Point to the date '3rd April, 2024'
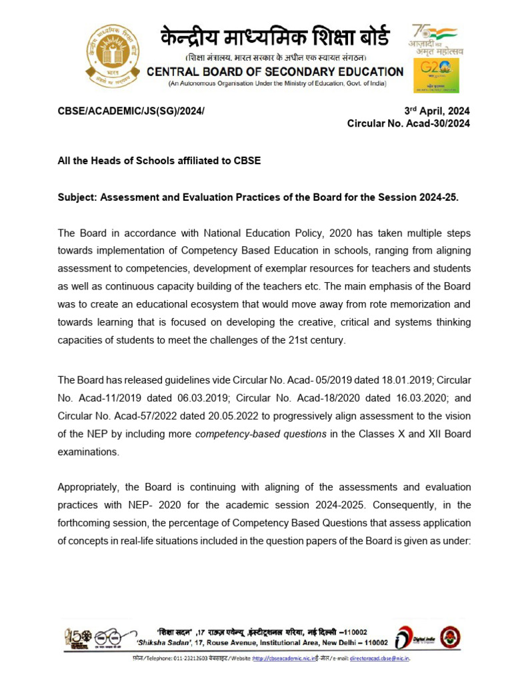click(437, 111)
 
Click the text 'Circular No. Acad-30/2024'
click(409, 124)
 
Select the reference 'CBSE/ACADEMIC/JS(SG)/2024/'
click(131, 111)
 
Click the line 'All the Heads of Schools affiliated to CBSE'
click(159, 161)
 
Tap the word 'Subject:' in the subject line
click(78, 198)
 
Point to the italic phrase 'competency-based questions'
click(261, 434)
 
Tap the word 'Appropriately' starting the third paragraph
click(89, 487)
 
